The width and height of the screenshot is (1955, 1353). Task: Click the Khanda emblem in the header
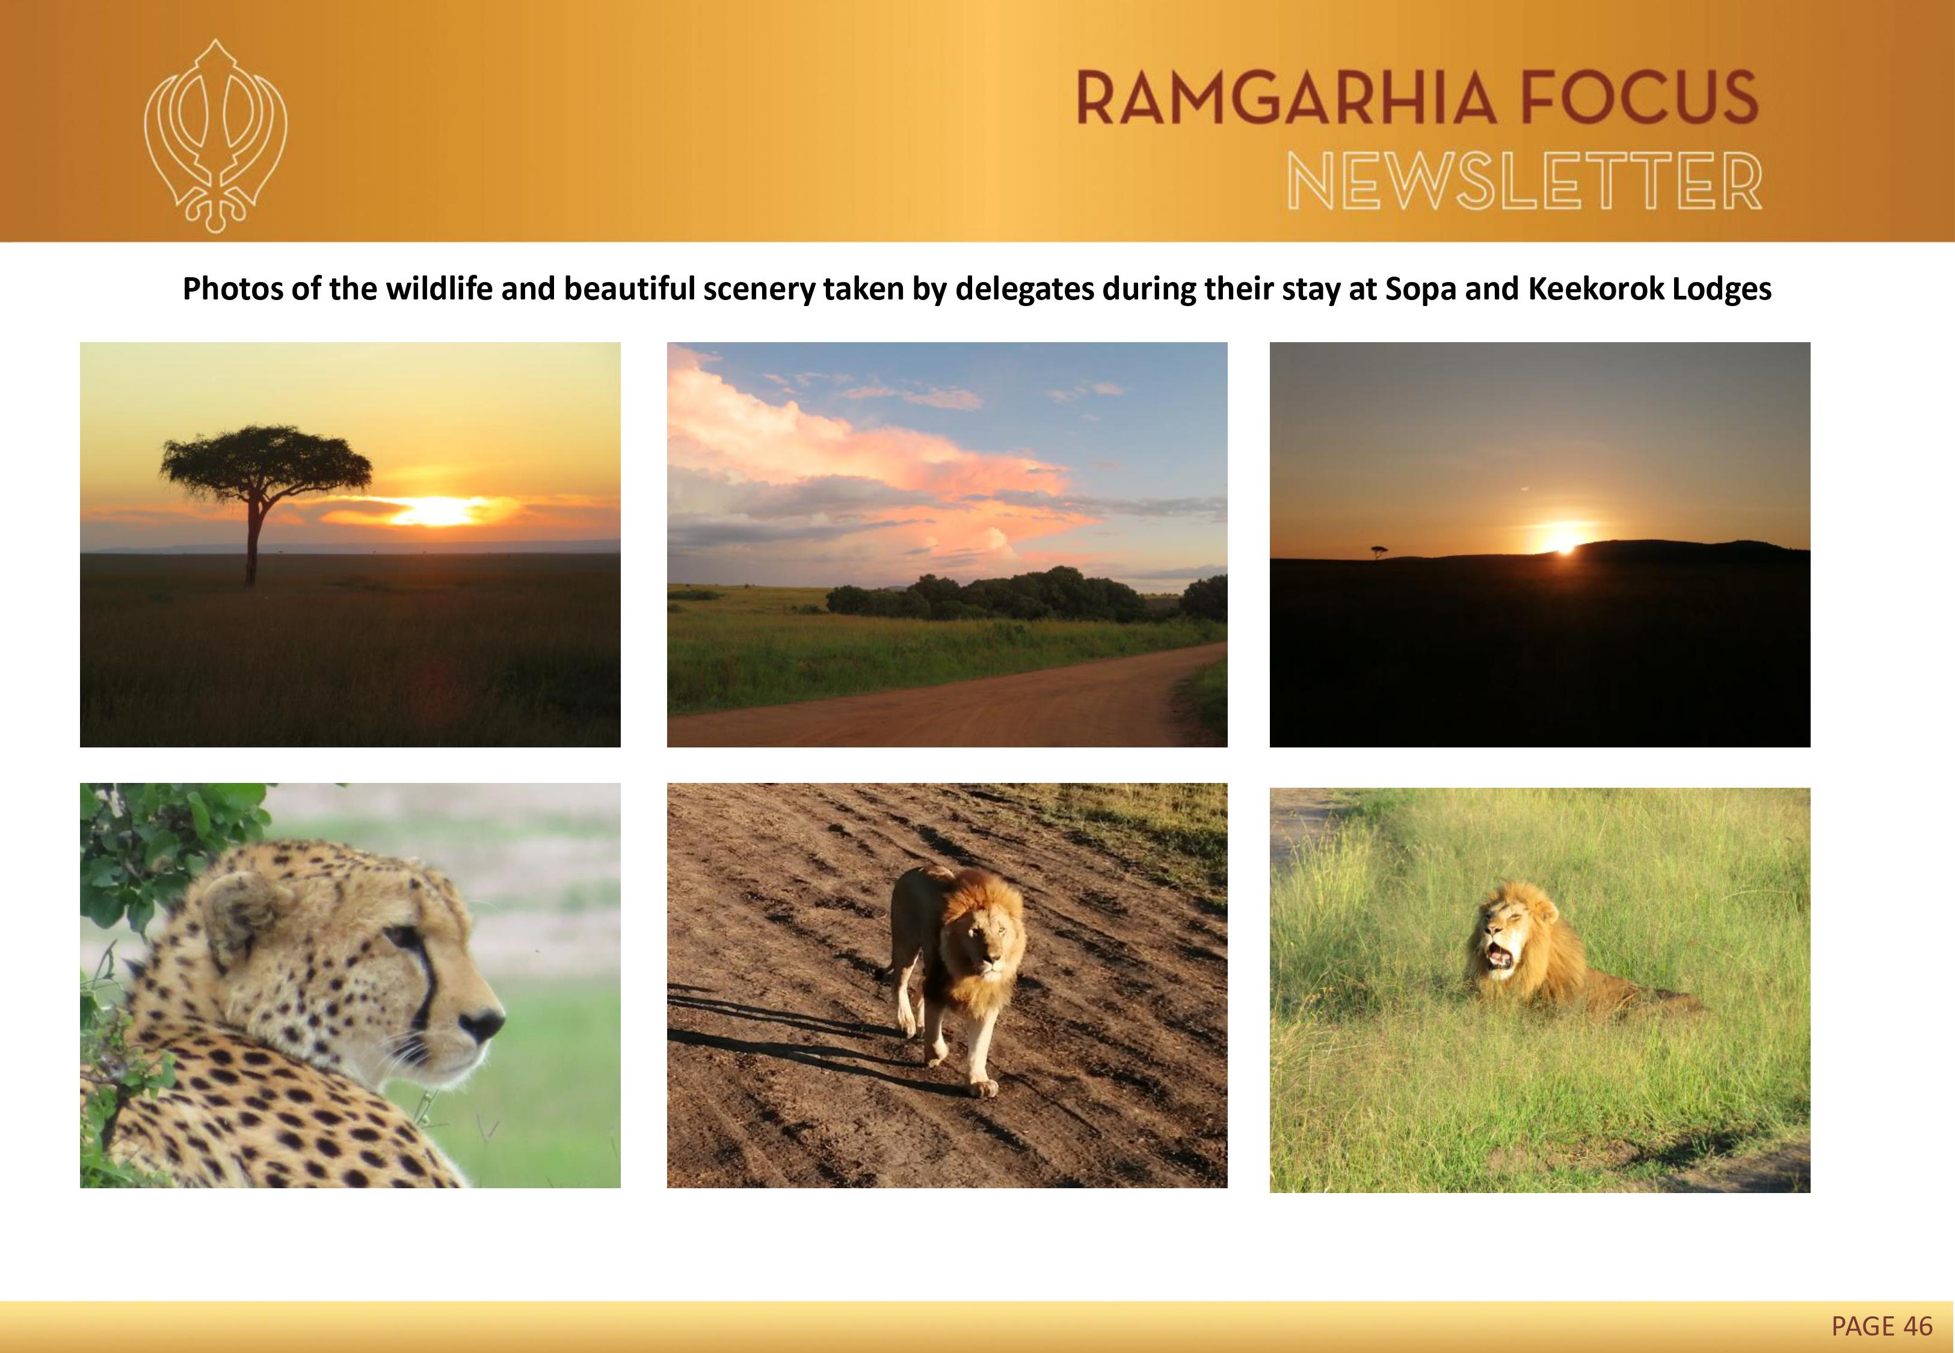click(x=215, y=136)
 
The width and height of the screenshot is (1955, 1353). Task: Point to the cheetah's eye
click(x=404, y=935)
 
